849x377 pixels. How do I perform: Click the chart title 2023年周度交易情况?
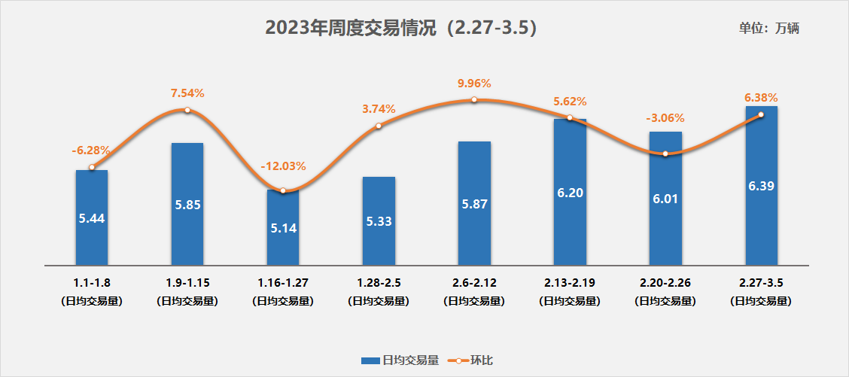tap(400, 28)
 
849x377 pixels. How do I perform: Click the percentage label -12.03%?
tap(283, 166)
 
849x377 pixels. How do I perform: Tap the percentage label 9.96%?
tap(474, 84)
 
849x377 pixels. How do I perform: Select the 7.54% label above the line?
tap(187, 93)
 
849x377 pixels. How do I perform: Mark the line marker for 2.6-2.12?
tap(474, 100)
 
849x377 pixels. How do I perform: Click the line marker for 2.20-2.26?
tap(665, 154)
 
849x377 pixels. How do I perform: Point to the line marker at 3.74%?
tap(379, 126)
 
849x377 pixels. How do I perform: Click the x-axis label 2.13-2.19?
tap(570, 284)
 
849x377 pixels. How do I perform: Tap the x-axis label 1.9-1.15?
tap(187, 284)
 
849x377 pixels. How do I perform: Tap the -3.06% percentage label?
tap(665, 118)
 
